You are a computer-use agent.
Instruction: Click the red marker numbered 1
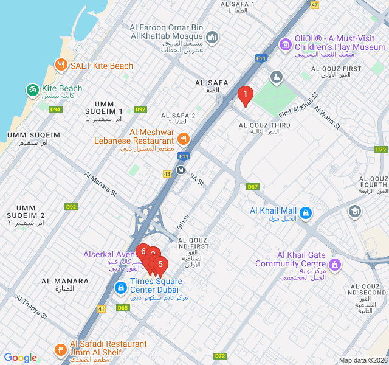coord(245,94)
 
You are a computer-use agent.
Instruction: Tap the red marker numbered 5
coord(160,264)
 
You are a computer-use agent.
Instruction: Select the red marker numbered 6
coord(143,251)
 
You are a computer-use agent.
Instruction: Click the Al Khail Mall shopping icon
coord(306,213)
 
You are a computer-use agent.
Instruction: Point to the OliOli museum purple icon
coord(285,44)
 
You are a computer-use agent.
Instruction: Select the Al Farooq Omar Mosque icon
coord(212,38)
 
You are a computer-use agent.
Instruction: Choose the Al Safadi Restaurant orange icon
coord(60,349)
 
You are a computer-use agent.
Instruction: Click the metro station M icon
coord(181,170)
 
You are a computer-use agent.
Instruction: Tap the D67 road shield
coord(253,186)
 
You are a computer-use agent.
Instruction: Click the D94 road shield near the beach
coord(56,109)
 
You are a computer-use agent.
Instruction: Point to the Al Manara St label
coord(101,184)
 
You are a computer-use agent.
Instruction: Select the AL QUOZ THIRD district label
coord(264,126)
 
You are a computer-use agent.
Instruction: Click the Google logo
coord(20,358)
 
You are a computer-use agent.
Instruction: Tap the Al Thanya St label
coord(32,307)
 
